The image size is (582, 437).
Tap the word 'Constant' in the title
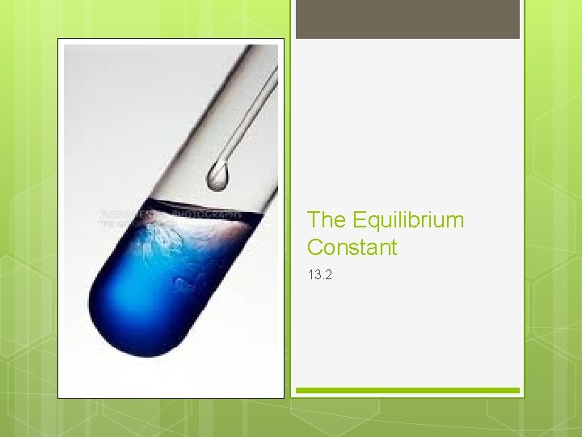352,248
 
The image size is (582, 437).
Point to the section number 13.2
319,275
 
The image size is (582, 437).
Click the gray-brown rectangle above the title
407,19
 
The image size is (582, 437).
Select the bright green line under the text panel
407,390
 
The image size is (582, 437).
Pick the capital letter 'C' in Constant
314,248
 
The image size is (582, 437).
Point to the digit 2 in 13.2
328,275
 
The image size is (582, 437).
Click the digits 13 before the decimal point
314,275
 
